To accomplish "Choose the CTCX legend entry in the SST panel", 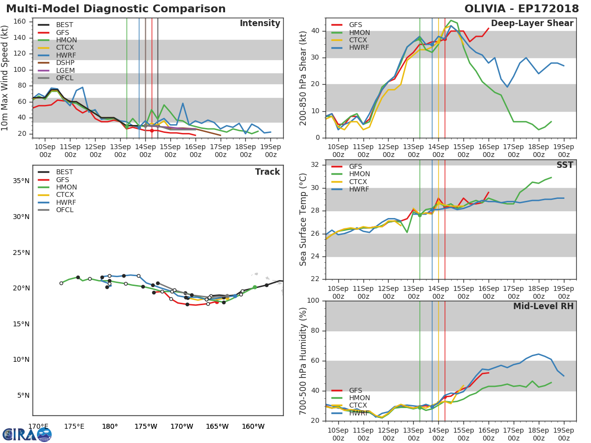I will point(359,182).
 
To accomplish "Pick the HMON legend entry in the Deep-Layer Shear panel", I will point(359,32).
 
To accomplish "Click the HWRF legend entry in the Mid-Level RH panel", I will point(359,413).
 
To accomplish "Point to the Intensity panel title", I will point(260,24).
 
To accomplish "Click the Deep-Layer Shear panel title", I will point(532,24).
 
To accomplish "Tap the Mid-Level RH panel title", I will point(543,306).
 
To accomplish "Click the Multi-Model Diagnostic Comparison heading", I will point(116,9).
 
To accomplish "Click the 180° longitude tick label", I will point(109,426).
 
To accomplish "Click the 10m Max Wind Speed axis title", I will point(5,78).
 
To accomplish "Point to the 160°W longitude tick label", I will point(253,426).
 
